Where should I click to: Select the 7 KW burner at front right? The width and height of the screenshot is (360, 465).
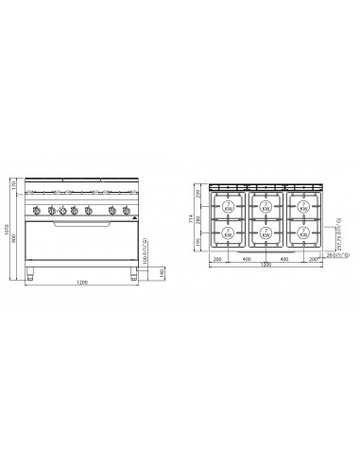[x=303, y=232]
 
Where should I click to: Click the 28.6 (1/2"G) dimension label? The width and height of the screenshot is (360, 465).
[x=337, y=254]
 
